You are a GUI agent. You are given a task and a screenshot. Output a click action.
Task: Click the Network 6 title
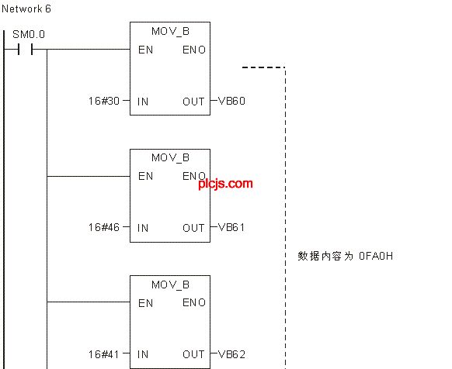pyautogui.click(x=26, y=9)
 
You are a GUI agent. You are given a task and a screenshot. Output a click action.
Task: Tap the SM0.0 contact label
pyautogui.click(x=29, y=35)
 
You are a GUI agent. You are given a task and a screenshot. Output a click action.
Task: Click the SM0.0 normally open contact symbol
pyautogui.click(x=26, y=50)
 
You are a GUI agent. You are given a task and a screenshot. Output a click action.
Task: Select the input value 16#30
pyautogui.click(x=104, y=101)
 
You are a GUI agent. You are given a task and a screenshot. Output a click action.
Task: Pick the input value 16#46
pyautogui.click(x=104, y=227)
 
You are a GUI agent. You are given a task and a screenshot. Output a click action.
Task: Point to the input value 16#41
pyautogui.click(x=104, y=354)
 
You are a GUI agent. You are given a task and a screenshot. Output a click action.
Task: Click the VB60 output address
pyautogui.click(x=231, y=101)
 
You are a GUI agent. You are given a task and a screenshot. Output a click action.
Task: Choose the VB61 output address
pyautogui.click(x=231, y=227)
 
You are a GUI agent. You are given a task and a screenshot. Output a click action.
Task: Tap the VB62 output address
pyautogui.click(x=231, y=354)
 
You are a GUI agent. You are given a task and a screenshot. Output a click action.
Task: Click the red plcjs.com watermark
pyautogui.click(x=225, y=184)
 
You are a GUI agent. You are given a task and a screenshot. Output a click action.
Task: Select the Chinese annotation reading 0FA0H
pyautogui.click(x=345, y=256)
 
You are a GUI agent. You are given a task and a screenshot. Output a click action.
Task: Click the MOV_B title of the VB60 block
pyautogui.click(x=170, y=31)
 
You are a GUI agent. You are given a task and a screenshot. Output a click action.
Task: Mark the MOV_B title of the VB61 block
pyautogui.click(x=170, y=157)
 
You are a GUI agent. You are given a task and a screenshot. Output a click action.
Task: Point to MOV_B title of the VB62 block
pyautogui.click(x=170, y=285)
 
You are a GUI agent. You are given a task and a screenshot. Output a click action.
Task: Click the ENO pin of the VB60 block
pyautogui.click(x=194, y=50)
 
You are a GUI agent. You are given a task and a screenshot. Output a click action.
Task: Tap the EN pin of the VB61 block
pyautogui.click(x=145, y=176)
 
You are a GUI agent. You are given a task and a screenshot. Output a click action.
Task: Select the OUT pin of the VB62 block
pyautogui.click(x=193, y=354)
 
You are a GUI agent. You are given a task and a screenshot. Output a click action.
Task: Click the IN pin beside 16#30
pyautogui.click(x=143, y=102)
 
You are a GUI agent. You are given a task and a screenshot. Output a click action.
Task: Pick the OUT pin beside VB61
pyautogui.click(x=193, y=228)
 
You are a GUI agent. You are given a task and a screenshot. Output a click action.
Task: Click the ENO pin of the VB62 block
pyautogui.click(x=194, y=302)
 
